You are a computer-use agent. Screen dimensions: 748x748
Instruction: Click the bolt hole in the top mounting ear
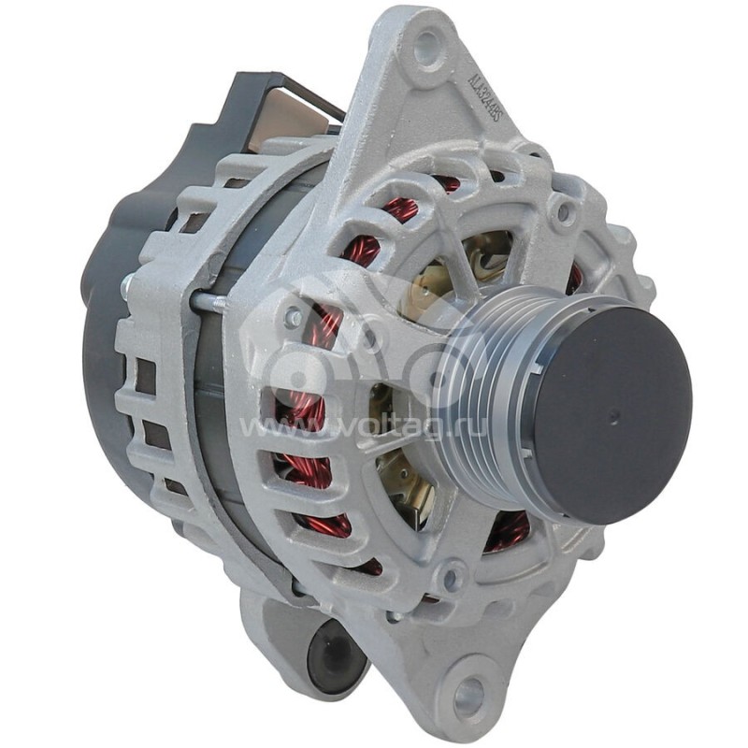(427, 46)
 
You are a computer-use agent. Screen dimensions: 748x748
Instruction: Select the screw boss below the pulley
(451, 574)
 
